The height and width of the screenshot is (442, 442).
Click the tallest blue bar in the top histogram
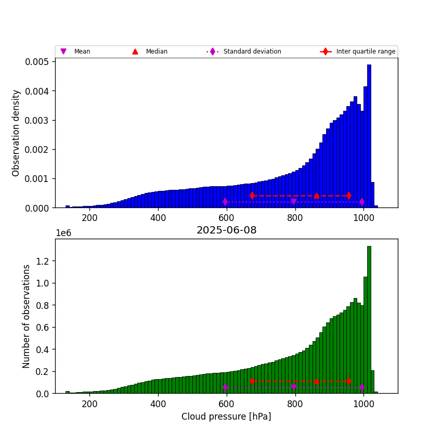[369, 135]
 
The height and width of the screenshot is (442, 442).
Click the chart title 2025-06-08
[226, 230]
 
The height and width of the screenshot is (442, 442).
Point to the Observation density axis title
[16, 133]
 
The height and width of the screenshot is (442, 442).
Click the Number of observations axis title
[27, 316]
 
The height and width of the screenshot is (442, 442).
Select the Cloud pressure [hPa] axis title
[226, 417]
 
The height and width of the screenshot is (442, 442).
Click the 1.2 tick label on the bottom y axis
[43, 261]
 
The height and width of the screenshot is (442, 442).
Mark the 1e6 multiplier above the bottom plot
[63, 233]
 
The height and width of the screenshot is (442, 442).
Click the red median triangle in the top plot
[317, 196]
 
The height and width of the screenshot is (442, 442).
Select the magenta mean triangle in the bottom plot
[294, 387]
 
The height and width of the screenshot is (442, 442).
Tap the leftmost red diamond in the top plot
[252, 196]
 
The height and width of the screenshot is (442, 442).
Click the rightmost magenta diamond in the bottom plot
[362, 387]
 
